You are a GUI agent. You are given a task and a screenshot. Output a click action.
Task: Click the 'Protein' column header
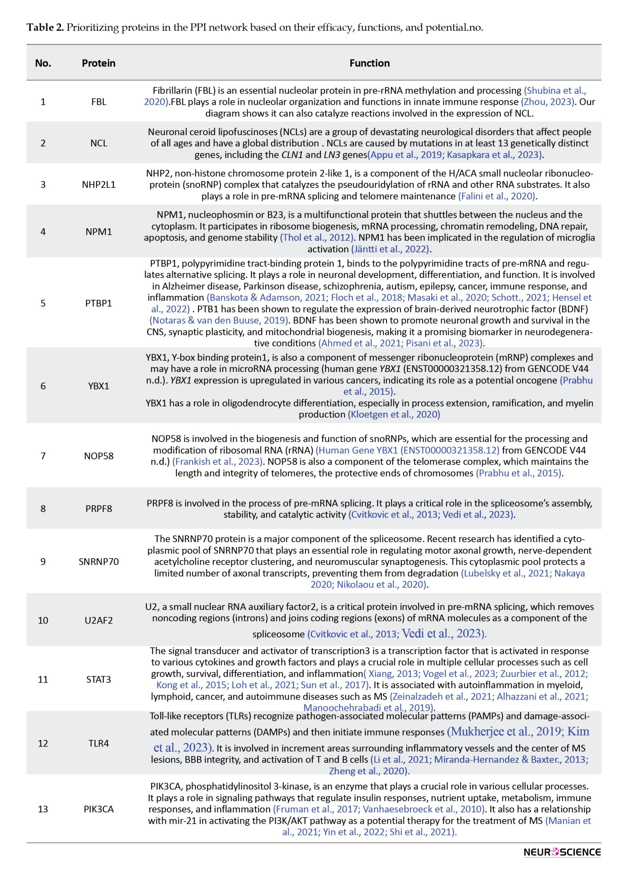pyautogui.click(x=99, y=63)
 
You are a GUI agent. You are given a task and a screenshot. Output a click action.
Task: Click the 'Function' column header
pyautogui.click(x=370, y=63)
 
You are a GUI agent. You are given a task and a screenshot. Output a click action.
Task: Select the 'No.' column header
pyautogui.click(x=43, y=63)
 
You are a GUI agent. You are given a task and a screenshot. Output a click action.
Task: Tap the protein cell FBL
pyautogui.click(x=99, y=102)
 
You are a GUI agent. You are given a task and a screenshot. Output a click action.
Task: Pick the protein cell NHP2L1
pyautogui.click(x=99, y=185)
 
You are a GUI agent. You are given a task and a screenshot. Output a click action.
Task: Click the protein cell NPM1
pyautogui.click(x=99, y=232)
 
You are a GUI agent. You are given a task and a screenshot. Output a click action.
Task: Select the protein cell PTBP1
pyautogui.click(x=99, y=303)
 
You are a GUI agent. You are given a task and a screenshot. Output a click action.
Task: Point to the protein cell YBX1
pyautogui.click(x=99, y=386)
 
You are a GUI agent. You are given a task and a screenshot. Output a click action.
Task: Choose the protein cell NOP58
pyautogui.click(x=99, y=456)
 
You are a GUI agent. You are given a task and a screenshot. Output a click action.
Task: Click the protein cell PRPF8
pyautogui.click(x=99, y=509)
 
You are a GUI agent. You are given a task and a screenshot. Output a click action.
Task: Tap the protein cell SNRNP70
pyautogui.click(x=99, y=562)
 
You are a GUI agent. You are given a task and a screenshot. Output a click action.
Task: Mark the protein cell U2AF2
pyautogui.click(x=99, y=620)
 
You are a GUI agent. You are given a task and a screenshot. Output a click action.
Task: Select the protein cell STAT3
pyautogui.click(x=99, y=680)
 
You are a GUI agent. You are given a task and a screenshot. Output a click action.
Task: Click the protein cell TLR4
pyautogui.click(x=99, y=743)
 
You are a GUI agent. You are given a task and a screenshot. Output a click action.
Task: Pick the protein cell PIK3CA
pyautogui.click(x=99, y=809)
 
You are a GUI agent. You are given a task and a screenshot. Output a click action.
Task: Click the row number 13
pyautogui.click(x=43, y=809)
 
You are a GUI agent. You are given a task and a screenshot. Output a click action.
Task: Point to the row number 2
pyautogui.click(x=43, y=143)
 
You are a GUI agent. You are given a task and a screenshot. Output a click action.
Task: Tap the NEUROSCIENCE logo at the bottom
pyautogui.click(x=562, y=852)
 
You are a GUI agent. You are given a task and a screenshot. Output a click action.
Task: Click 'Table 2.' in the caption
pyautogui.click(x=45, y=28)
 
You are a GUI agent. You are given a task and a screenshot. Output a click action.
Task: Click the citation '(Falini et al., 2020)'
pyautogui.click(x=497, y=196)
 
